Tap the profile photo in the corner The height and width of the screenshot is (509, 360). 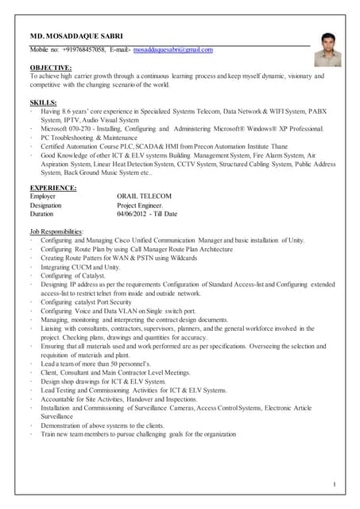tap(327, 49)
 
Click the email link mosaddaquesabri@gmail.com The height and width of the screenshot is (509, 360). tap(172, 50)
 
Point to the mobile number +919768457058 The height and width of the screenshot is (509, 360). tap(82, 50)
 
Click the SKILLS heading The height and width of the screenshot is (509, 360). tap(43, 103)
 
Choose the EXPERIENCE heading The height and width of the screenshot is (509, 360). tap(53, 188)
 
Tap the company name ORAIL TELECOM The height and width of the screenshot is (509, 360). tap(144, 196)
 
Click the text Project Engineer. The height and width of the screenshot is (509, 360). tap(140, 204)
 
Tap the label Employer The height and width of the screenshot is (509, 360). tap(43, 196)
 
